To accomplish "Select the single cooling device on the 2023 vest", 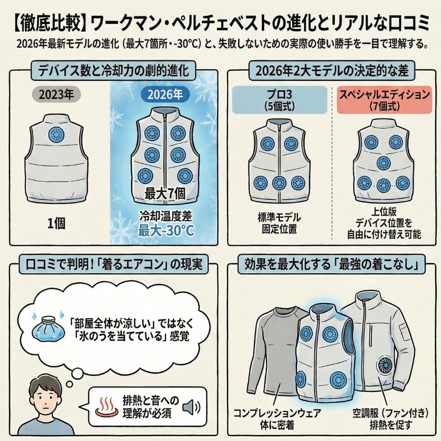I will pyautogui.click(x=56, y=135).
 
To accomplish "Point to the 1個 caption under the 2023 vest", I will pyautogui.click(x=56, y=224).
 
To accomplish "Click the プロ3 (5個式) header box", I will pyautogui.click(x=280, y=99).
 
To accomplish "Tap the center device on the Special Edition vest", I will pyautogui.click(x=383, y=163).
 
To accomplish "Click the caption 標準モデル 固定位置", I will pyautogui.click(x=279, y=223).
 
